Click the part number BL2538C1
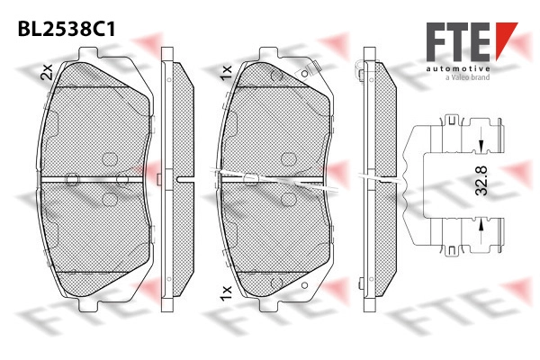coord(67,29)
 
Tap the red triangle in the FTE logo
coord(506,38)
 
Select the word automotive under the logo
coord(458,69)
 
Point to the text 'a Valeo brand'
coord(468,77)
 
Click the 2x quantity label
coord(47,72)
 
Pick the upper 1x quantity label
coord(226,73)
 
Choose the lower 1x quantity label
coord(226,292)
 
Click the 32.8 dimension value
coord(481,181)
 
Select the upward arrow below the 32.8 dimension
coord(481,226)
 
